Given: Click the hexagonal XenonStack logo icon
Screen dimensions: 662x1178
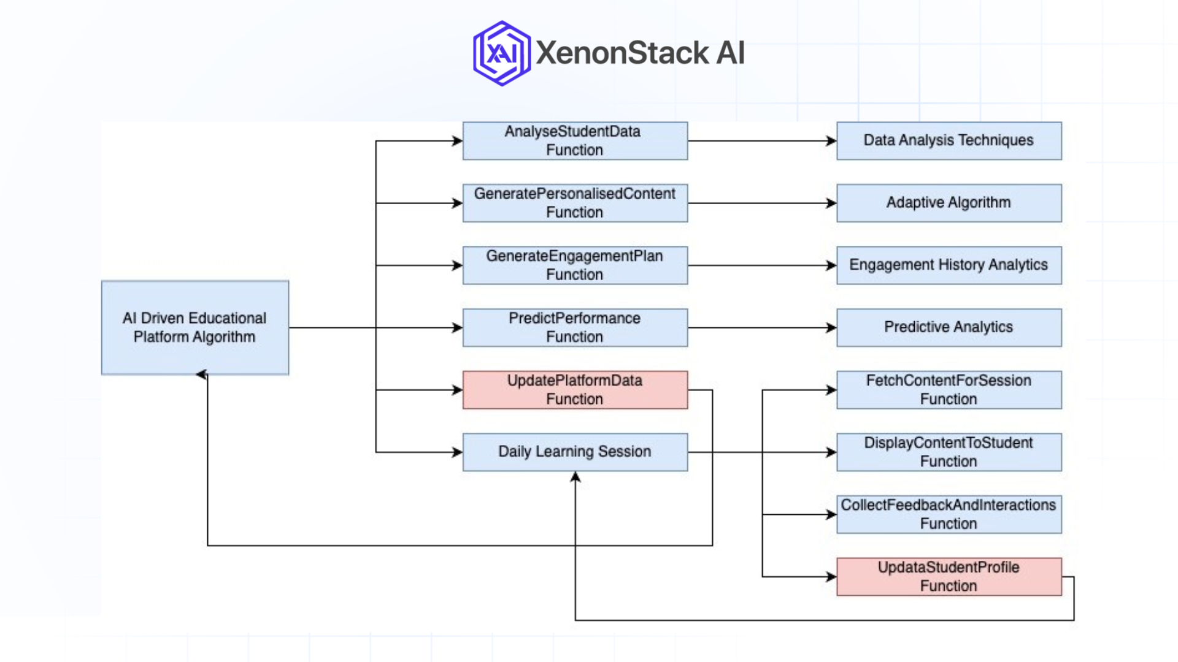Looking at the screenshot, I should tap(501, 53).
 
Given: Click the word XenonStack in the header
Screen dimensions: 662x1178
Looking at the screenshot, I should tap(622, 53).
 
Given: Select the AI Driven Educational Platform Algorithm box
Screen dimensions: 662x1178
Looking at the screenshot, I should tap(194, 327).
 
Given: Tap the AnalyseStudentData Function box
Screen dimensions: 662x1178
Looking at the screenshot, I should tap(575, 141).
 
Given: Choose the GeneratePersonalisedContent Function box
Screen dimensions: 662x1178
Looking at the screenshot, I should tap(575, 203).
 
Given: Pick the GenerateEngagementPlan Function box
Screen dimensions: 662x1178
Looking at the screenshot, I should tap(575, 265).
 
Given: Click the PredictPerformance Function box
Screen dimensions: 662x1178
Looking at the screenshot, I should tap(575, 327).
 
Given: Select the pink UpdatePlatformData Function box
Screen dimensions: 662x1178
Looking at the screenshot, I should tap(575, 390).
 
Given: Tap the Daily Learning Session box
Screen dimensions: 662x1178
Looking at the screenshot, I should tap(575, 452).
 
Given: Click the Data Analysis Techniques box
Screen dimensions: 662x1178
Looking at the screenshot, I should tap(949, 141).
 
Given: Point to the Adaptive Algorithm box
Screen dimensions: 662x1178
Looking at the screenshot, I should tap(949, 203).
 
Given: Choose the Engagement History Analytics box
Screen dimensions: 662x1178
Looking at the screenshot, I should tap(949, 265).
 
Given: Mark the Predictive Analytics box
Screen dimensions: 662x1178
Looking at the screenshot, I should tap(949, 327).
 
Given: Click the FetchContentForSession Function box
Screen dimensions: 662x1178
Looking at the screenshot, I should tap(949, 390).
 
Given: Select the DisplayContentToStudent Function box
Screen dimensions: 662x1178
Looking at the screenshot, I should tap(949, 452).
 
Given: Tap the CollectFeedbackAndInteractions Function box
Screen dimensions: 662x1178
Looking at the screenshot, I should tap(949, 514).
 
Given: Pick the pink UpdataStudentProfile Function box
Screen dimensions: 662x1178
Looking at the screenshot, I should tap(949, 576).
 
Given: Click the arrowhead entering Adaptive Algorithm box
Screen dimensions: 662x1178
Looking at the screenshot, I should tap(831, 203).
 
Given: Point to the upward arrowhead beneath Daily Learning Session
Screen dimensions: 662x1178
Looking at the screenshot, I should tap(575, 477).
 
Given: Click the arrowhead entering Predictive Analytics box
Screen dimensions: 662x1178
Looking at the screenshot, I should tap(831, 327).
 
